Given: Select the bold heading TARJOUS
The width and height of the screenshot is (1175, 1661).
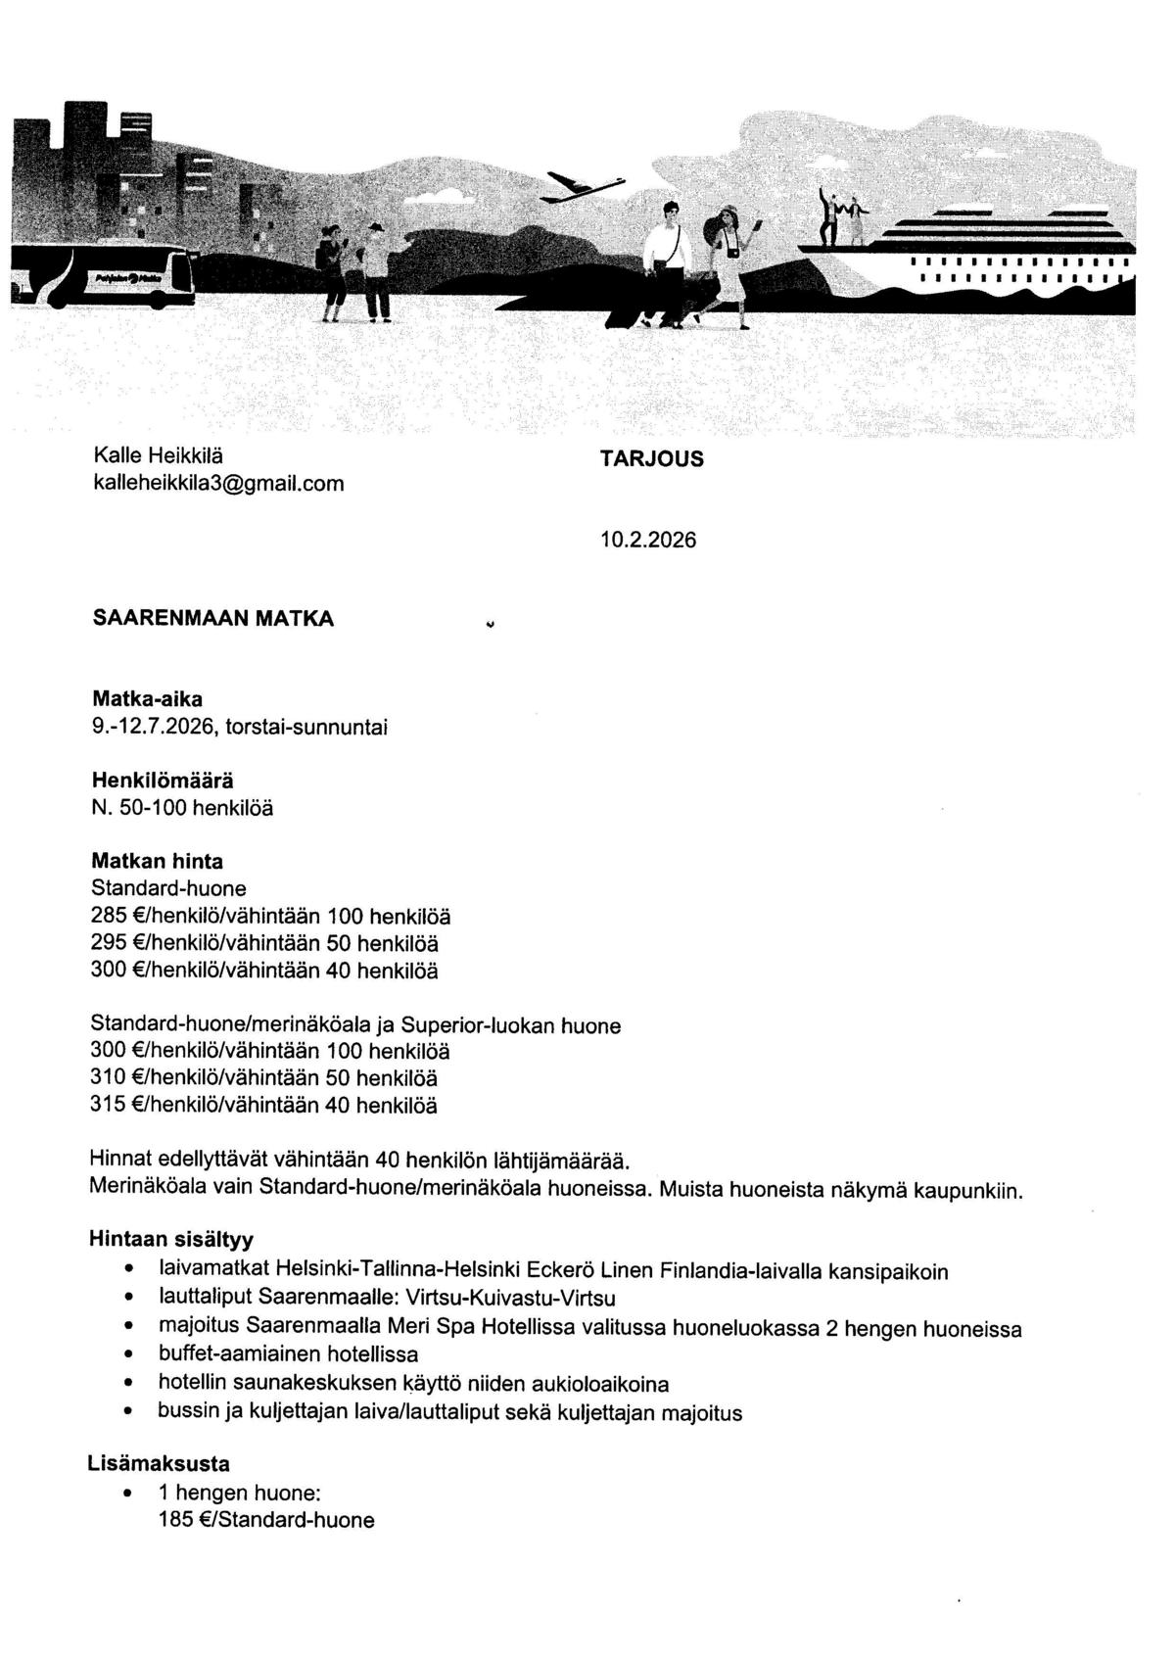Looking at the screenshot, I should [651, 459].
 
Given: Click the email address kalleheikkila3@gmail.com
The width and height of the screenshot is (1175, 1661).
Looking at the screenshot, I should [217, 484].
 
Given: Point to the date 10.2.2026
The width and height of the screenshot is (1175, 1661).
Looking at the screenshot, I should [648, 540].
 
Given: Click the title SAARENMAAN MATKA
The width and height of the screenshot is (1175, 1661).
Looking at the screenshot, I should [212, 619].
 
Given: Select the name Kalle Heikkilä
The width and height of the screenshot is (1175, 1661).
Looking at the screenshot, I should [158, 455].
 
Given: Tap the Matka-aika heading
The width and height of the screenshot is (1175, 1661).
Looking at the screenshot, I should [147, 699].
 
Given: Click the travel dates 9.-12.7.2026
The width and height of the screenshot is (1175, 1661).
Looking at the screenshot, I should [152, 727].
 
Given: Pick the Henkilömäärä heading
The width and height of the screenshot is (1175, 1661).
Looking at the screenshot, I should [163, 781].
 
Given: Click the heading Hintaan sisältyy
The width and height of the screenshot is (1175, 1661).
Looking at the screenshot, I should [170, 1237].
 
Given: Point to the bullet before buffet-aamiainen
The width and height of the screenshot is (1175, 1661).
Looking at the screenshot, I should [128, 1355].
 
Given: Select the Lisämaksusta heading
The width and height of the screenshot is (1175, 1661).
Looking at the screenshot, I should [160, 1464].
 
